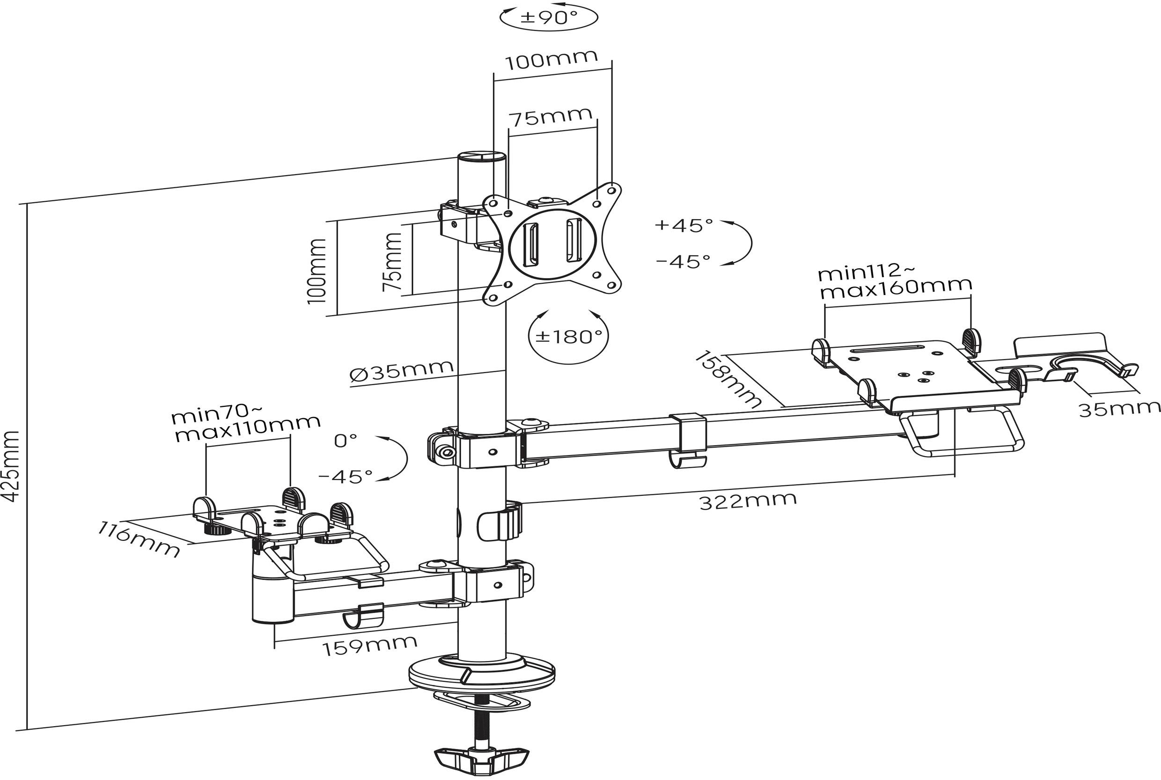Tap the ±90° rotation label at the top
pos(549,18)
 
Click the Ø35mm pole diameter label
pos(401,370)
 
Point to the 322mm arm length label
pos(748,500)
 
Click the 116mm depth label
pos(138,539)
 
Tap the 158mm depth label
pos(729,379)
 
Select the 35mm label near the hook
pos(1119,409)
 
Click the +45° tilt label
pos(684,225)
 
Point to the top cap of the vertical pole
pos(482,158)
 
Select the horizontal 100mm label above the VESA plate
pos(551,60)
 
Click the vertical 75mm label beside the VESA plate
pos(392,262)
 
